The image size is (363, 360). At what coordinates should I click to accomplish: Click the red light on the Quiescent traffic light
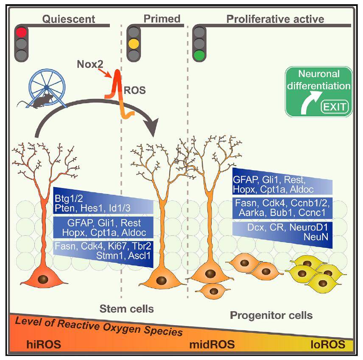coord(21,32)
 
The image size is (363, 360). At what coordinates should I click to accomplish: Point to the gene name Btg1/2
coord(68,198)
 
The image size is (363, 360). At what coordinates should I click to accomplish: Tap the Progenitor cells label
coord(271,315)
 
